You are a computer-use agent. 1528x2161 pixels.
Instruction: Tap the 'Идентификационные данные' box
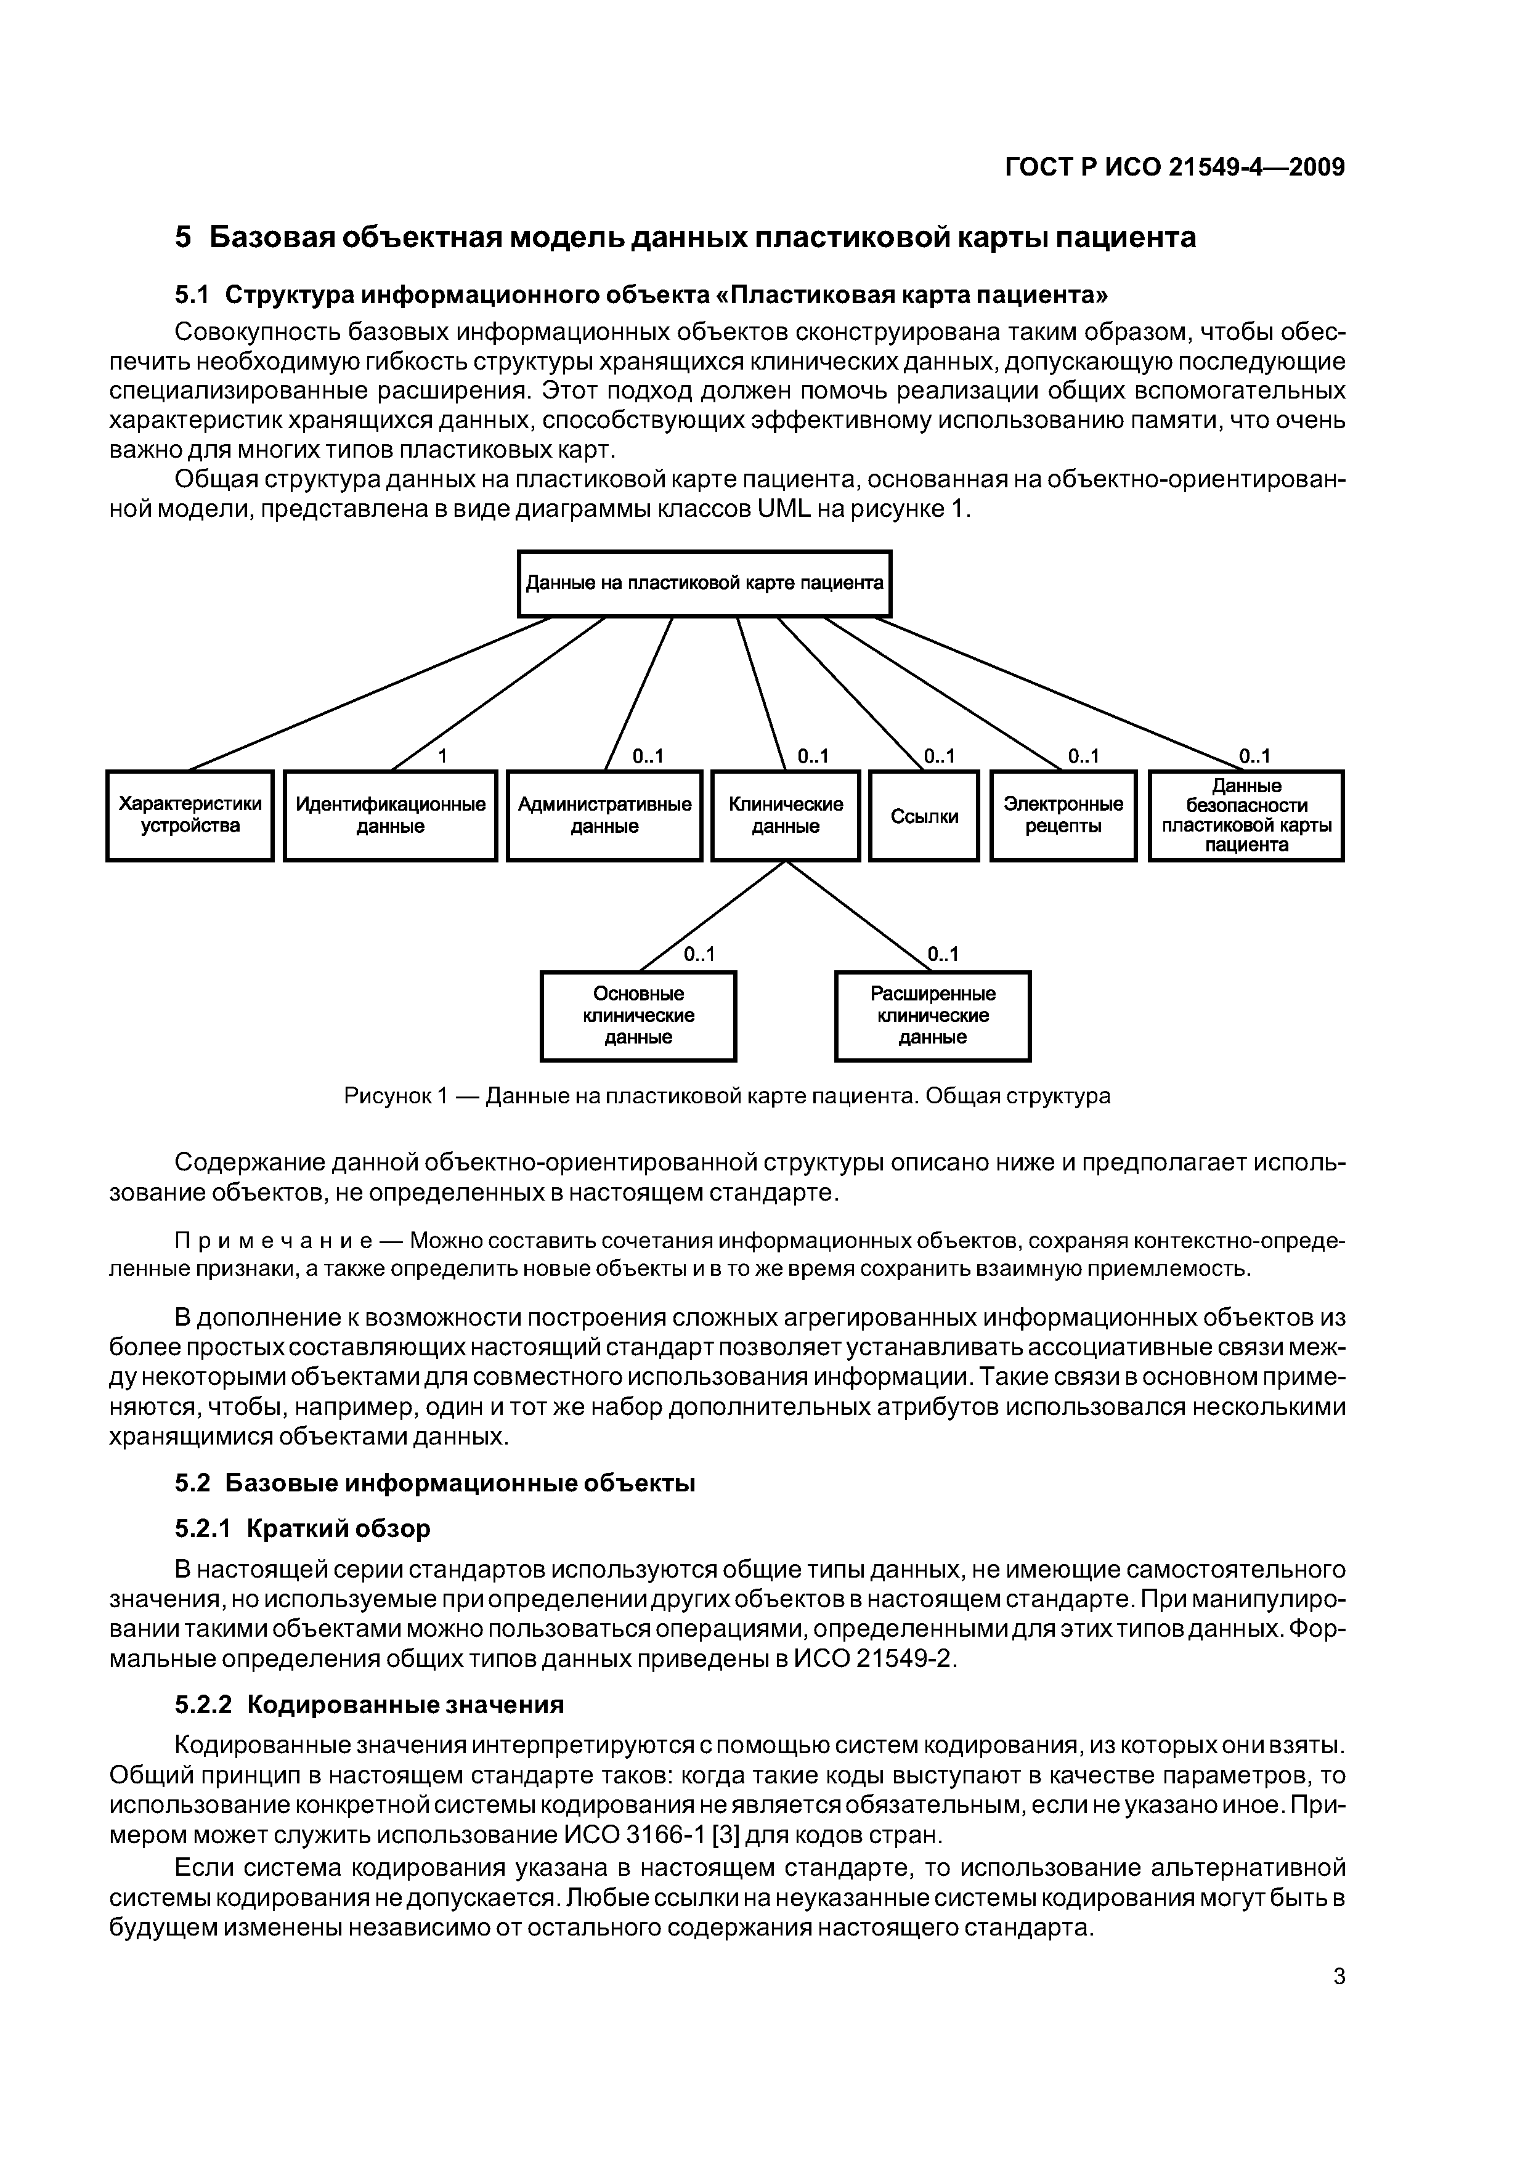[x=390, y=815]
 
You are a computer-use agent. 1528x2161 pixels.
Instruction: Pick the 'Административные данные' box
[x=604, y=815]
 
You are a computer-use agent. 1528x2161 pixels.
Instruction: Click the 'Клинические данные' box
[x=785, y=815]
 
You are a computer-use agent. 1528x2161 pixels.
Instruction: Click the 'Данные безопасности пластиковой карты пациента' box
[x=1246, y=815]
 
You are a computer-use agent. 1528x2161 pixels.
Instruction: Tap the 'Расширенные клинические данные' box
[x=932, y=1016]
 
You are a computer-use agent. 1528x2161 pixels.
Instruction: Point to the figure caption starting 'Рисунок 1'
[x=727, y=1095]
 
